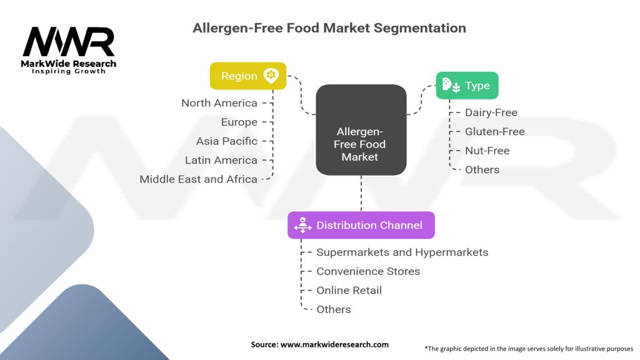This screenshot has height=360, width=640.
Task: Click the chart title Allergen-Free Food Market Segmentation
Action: point(329,28)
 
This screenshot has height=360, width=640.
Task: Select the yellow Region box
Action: point(247,76)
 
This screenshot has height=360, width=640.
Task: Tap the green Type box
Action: point(467,86)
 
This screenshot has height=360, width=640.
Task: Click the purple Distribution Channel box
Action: point(361,225)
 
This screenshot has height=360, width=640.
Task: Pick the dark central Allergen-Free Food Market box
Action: point(361,130)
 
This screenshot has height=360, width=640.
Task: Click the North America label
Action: point(219,103)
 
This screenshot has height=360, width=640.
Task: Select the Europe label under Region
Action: point(239,122)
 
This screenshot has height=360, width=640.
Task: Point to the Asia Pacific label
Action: point(226,141)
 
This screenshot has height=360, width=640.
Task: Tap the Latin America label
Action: point(221,160)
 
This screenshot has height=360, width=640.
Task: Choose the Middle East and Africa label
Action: point(198,179)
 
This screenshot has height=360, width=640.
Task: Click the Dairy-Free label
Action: point(491,113)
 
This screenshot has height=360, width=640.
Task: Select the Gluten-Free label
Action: point(494,132)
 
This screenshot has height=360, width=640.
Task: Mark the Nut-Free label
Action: point(487,151)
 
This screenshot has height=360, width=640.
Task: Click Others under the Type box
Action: point(482,169)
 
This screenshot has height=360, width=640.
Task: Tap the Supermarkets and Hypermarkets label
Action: point(402,252)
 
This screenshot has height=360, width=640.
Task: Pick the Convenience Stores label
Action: point(368,271)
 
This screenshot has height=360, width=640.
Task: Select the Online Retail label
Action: point(349,290)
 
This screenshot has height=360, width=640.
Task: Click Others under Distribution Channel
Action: point(333,309)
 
